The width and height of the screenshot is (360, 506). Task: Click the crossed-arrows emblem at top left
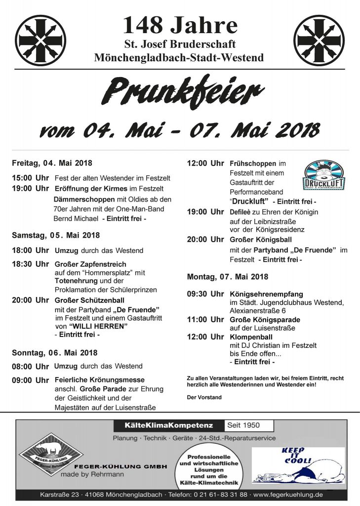pos(40,41)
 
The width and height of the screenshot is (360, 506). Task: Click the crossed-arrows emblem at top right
pos(319,41)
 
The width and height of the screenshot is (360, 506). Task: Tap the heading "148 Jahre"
pos(180,25)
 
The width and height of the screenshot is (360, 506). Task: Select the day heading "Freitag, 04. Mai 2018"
pos(52,163)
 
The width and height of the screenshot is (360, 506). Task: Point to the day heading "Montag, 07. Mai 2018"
pos(228,276)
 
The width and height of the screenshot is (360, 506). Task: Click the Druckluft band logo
pos(324,175)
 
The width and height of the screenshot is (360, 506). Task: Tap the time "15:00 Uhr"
pos(30,177)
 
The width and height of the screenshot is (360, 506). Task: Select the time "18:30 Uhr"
pos(30,264)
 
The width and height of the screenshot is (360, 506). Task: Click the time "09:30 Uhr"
pos(205,294)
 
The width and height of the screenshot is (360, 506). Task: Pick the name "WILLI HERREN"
pos(98,326)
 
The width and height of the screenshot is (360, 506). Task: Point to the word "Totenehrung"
pos(73,281)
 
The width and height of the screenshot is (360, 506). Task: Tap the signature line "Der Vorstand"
pos(204,397)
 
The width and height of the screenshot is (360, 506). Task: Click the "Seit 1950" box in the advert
pos(243,425)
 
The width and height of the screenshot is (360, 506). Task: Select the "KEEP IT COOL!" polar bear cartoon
pos(298,465)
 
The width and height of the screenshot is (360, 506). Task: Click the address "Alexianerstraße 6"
pos(257,311)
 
